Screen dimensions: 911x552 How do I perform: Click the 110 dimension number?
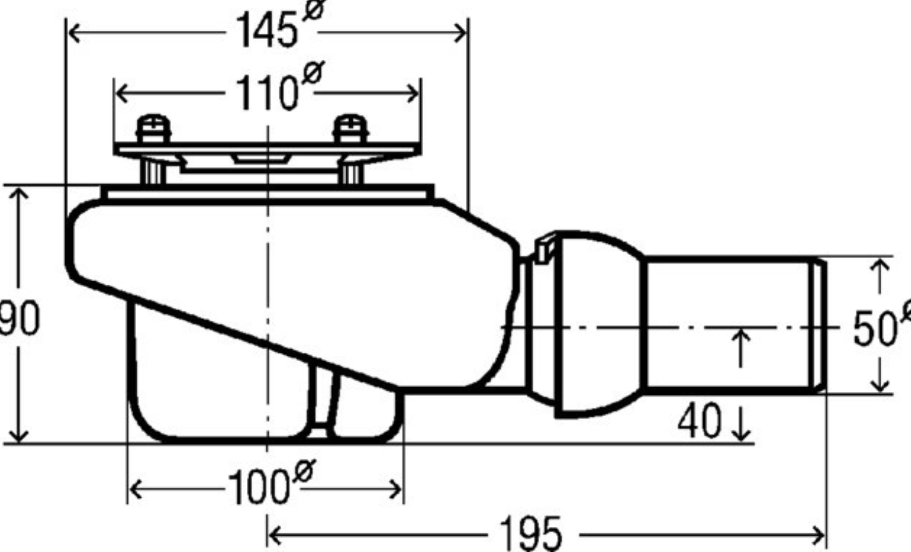[267, 93]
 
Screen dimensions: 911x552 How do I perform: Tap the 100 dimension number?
[259, 488]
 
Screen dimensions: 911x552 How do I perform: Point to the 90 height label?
[20, 317]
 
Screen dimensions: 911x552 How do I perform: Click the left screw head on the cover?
[153, 128]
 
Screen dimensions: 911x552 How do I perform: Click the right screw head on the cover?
[351, 128]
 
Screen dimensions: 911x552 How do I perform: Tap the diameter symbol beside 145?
[314, 9]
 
